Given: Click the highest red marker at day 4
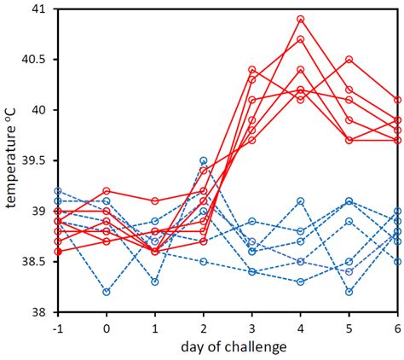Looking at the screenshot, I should (301, 19).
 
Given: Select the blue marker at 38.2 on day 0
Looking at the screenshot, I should (106, 292).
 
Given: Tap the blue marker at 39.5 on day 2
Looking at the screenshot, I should (203, 160).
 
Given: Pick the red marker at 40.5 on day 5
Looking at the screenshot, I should (349, 60).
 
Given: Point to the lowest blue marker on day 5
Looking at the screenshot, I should (349, 292).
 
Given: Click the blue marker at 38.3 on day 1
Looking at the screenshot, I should (154, 282).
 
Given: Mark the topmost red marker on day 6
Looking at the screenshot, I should (398, 100).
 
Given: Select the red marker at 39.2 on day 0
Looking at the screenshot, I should (106, 191).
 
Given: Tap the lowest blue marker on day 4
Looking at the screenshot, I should (301, 282).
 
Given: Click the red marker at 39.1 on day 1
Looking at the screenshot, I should (154, 201).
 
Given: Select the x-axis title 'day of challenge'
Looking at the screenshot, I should (227, 346).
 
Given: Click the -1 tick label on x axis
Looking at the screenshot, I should (56, 328).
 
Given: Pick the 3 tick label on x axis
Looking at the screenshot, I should (251, 328).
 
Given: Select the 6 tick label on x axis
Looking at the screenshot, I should (397, 328).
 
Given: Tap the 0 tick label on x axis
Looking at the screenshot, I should (106, 328).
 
